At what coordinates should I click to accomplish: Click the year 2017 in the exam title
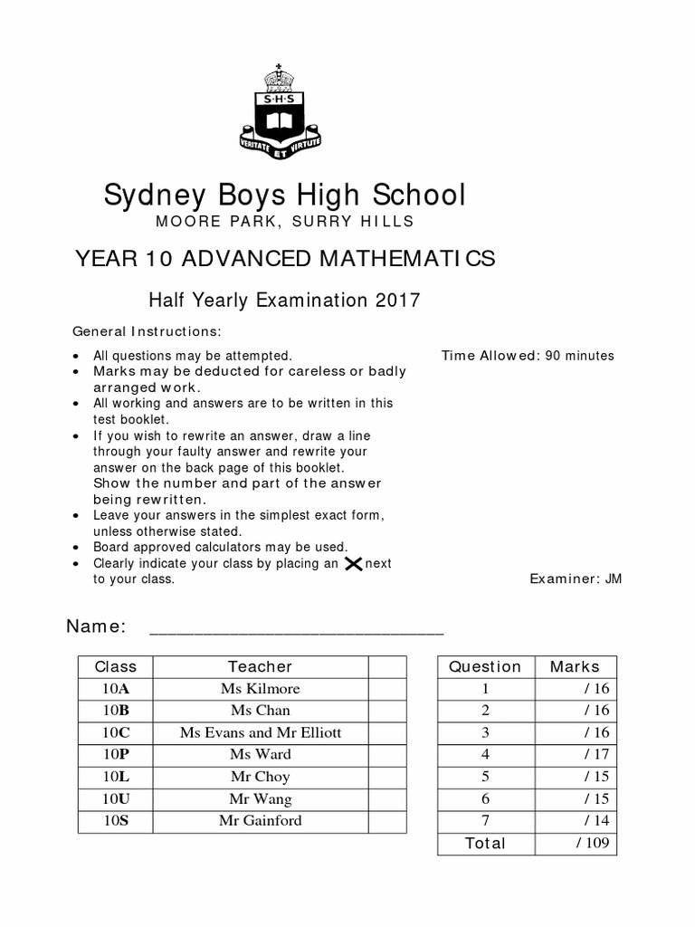pos(400,301)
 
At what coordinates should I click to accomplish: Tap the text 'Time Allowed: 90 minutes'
pos(528,356)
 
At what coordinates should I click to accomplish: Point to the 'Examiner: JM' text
pos(576,579)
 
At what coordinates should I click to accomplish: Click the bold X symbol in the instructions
pos(354,564)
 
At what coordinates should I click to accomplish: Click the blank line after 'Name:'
pos(296,630)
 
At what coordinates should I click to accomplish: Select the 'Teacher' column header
pos(260,667)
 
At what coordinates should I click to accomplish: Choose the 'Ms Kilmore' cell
pos(260,689)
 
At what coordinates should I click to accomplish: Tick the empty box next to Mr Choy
pos(386,777)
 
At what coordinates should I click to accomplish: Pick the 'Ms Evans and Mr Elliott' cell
pos(260,732)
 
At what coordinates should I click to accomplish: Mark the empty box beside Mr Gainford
pos(386,821)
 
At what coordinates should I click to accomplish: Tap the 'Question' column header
pos(485,667)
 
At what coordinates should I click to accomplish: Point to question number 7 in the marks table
pos(485,821)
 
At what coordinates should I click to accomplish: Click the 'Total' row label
pos(485,844)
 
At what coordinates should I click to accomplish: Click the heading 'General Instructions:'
pos(147,331)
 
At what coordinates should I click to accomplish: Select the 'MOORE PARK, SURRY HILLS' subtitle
pos(284,222)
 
